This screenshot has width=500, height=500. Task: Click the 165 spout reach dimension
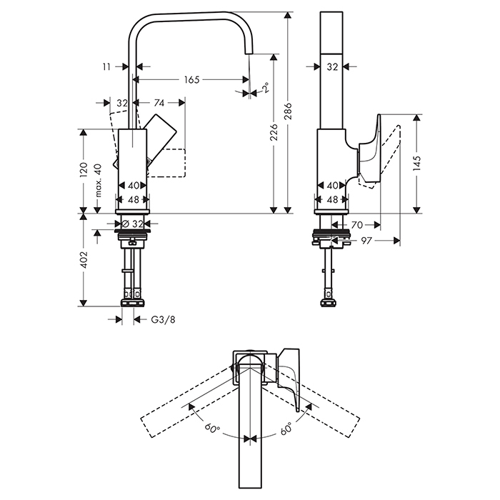[191, 79]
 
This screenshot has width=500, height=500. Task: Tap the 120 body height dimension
[84, 170]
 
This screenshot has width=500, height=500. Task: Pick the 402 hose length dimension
[84, 260]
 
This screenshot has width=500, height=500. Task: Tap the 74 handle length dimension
[159, 103]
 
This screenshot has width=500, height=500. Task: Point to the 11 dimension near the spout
[106, 66]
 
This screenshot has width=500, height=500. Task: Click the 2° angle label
[264, 88]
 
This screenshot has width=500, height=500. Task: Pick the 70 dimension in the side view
[359, 224]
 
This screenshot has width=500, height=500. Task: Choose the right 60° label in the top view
[286, 430]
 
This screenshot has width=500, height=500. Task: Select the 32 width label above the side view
[331, 66]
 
